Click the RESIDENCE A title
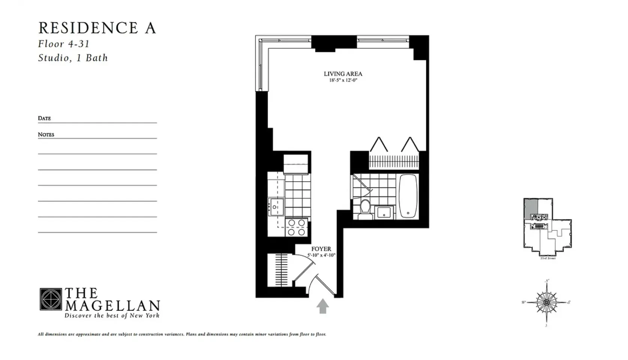[x=97, y=28]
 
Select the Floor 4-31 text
[x=64, y=44]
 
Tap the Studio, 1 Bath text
[x=73, y=58]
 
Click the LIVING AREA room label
[x=343, y=74]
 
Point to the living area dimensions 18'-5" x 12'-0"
[x=343, y=80]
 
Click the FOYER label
[x=321, y=249]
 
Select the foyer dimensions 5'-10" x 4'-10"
[x=321, y=255]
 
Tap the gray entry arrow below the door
[x=322, y=306]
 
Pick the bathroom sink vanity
[x=384, y=212]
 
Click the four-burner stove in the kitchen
[x=296, y=228]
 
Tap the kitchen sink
[x=276, y=207]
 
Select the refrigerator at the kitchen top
[x=296, y=164]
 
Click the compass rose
[x=547, y=302]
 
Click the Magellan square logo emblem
[x=51, y=299]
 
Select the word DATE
[x=44, y=118]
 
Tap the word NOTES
[x=46, y=134]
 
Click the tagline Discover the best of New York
[x=112, y=315]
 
